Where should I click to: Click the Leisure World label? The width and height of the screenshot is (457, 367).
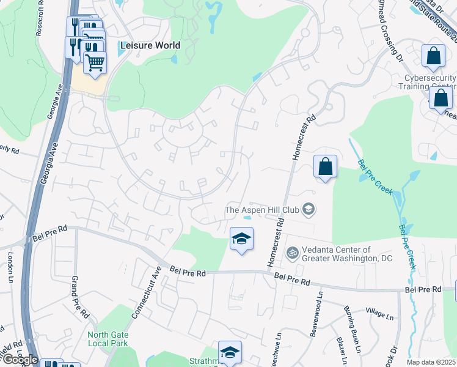(150, 45)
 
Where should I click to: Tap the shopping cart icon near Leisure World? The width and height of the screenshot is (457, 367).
(95, 62)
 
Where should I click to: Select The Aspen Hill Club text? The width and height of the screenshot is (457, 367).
(262, 210)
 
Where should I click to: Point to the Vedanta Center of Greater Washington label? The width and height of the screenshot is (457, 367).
(347, 254)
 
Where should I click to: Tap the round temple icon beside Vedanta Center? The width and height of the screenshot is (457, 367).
(293, 251)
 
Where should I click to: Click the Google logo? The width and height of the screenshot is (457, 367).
(20, 360)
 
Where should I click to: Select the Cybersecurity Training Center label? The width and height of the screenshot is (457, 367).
(431, 82)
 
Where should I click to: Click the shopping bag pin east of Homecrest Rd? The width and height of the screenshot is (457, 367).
(326, 167)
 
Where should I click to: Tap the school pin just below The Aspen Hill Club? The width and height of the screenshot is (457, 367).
(241, 239)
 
